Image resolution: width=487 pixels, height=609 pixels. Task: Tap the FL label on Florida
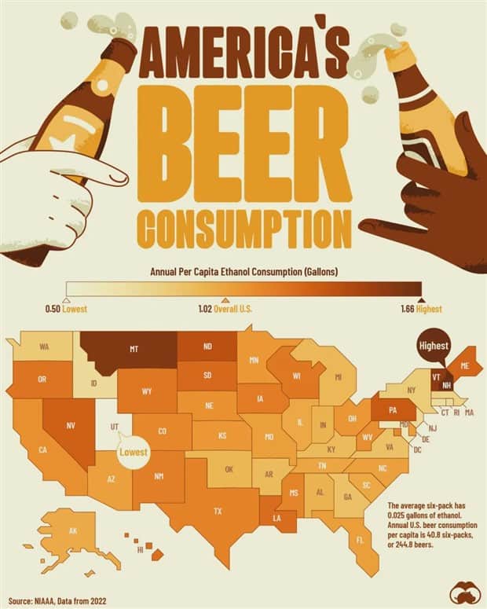pyautogui.click(x=361, y=541)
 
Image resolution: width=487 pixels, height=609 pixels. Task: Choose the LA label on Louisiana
pyautogui.click(x=278, y=519)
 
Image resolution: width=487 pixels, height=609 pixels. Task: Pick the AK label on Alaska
pyautogui.click(x=72, y=530)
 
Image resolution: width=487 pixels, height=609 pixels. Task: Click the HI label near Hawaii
pyautogui.click(x=141, y=551)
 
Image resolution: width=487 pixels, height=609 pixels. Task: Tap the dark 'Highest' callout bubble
pyautogui.click(x=433, y=347)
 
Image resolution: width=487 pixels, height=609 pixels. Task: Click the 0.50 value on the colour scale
pyautogui.click(x=53, y=309)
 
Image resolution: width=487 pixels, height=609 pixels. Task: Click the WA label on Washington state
pyautogui.click(x=45, y=347)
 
